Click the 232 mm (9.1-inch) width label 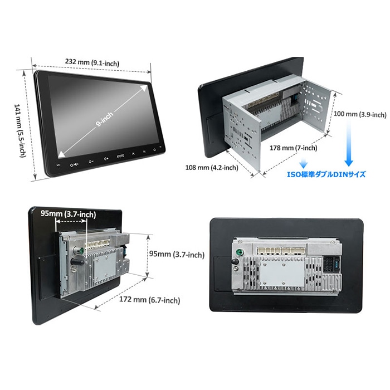coord(91,63)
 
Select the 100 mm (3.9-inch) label coord(359,115)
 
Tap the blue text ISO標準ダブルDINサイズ coord(326,174)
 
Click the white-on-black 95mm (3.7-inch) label coord(67,214)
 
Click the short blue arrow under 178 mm coord(304,164)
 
